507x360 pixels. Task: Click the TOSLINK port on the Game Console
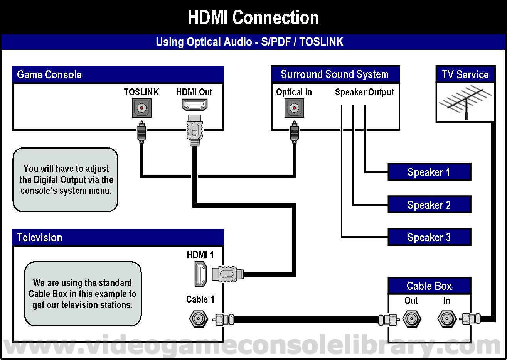(141, 108)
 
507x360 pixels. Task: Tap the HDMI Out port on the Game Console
(194, 105)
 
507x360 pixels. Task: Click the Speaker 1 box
(430, 172)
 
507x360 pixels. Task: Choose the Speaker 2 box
(430, 205)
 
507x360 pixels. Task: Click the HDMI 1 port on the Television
(200, 274)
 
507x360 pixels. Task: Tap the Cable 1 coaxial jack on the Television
(199, 319)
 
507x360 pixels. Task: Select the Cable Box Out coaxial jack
(412, 319)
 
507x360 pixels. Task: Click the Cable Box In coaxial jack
(447, 319)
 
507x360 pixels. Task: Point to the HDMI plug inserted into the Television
(228, 274)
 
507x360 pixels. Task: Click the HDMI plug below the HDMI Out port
(195, 130)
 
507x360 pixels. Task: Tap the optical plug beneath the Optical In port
(294, 132)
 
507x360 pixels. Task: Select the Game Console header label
(49, 74)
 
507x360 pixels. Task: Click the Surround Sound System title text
(335, 74)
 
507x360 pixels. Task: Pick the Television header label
(40, 237)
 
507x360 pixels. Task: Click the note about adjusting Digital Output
(66, 180)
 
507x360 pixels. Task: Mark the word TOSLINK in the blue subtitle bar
(321, 42)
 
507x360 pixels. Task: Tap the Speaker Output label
(364, 92)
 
